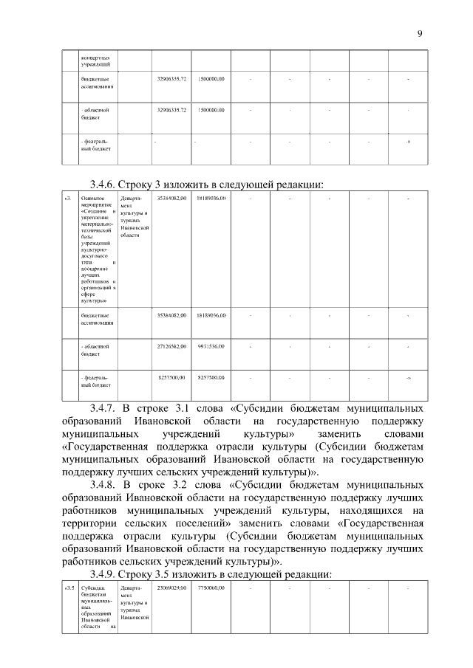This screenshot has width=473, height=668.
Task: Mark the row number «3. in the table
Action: click(x=69, y=199)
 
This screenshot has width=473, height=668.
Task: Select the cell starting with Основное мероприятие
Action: click(x=98, y=249)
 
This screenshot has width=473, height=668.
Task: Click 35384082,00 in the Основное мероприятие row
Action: click(x=171, y=199)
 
